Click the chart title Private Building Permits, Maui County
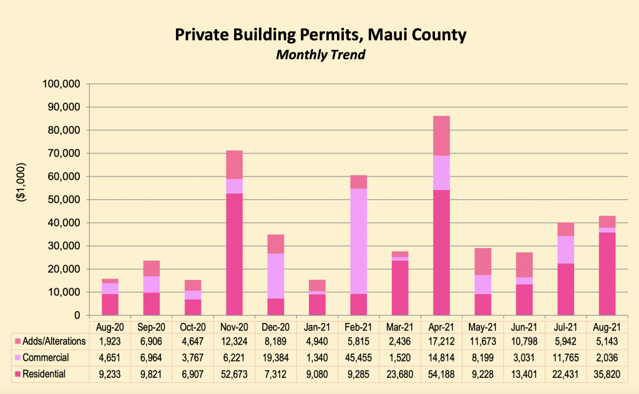319,35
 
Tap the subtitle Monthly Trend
319,54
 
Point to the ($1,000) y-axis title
21,199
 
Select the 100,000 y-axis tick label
62,84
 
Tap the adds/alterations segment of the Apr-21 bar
441,135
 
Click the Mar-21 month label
400,327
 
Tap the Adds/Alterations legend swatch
17,342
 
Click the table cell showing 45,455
358,358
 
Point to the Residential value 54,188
441,373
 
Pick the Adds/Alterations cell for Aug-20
110,342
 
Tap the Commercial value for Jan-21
317,358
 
